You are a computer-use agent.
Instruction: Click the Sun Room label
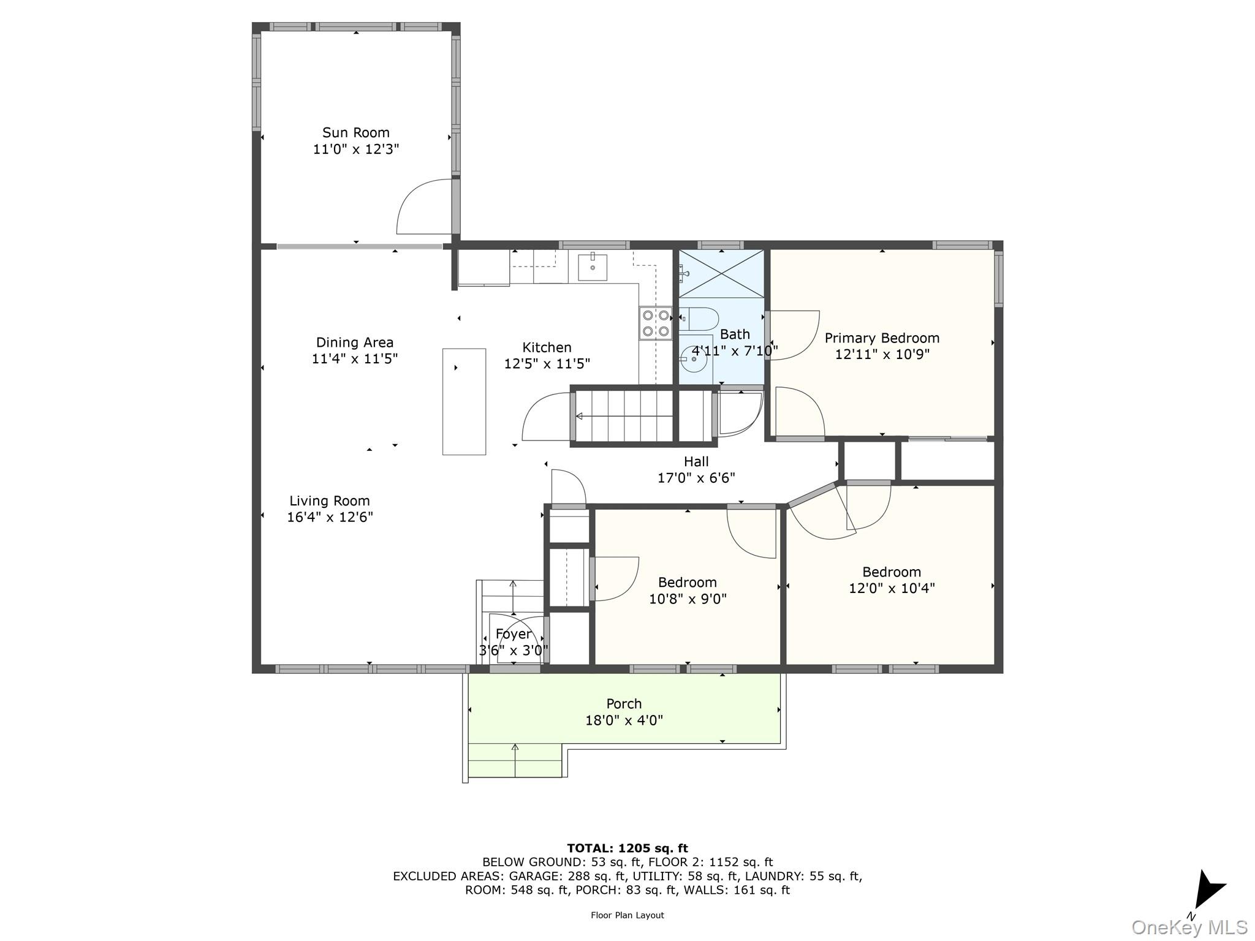point(355,132)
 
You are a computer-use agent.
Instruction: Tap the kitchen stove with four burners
point(656,323)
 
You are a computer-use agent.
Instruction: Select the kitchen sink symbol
point(593,267)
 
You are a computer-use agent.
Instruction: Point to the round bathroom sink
point(694,358)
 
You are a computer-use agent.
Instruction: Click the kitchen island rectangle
point(464,401)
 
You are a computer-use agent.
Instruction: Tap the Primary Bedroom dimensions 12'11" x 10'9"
point(882,354)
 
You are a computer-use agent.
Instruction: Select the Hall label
point(696,462)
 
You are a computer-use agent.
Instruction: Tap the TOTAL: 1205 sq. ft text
point(627,848)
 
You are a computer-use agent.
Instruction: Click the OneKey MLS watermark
point(1189,927)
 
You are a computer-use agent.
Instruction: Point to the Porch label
point(624,703)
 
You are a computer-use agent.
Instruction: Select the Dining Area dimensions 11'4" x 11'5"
point(354,358)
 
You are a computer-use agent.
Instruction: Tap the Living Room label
point(330,501)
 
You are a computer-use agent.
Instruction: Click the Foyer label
point(513,634)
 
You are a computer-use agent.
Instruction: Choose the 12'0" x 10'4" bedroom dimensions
point(891,588)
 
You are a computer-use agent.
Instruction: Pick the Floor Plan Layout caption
point(627,915)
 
